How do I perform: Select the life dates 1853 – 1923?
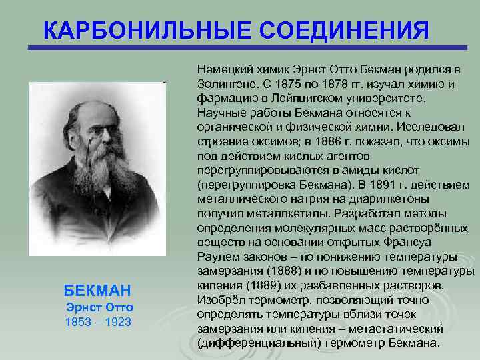click(x=99, y=322)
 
